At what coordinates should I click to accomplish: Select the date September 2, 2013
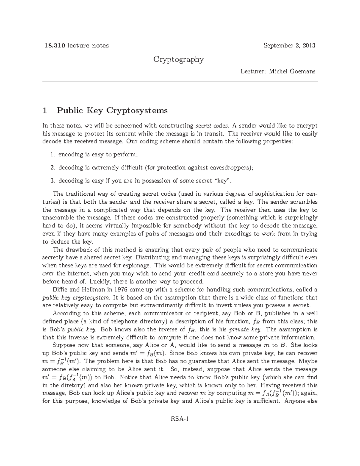(289, 46)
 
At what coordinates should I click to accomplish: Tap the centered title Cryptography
(178, 59)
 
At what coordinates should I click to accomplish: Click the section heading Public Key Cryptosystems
(112, 111)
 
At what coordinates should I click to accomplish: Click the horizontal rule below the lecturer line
(180, 81)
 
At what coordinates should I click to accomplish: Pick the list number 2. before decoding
(53, 168)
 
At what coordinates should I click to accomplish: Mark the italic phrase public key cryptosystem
(76, 298)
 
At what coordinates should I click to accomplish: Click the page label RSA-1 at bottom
(180, 419)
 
